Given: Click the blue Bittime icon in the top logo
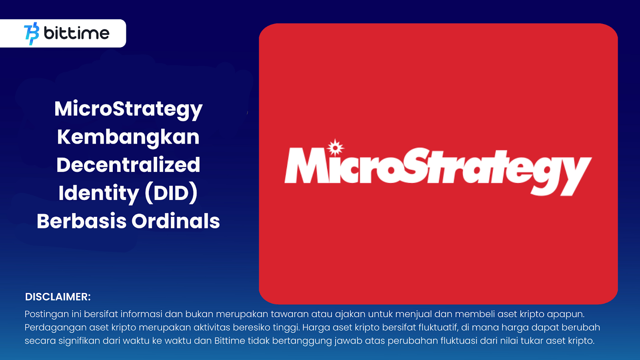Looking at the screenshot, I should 32,34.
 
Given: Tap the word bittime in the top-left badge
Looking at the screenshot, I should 76,33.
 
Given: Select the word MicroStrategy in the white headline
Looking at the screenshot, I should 128,109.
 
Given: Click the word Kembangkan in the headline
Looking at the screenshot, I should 128,137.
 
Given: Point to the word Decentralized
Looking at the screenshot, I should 128,165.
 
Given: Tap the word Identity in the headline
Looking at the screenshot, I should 98,193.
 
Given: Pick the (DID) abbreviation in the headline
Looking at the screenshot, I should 171,193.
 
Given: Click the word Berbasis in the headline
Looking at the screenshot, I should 82,221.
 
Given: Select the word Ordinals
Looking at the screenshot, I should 176,221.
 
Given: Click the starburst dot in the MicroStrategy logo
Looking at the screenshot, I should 335,148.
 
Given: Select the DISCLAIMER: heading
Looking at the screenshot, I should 58,297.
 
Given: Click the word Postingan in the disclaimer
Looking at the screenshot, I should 47,314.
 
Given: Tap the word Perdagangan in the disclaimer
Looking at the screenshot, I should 55,328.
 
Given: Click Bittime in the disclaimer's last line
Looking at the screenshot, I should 230,341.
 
